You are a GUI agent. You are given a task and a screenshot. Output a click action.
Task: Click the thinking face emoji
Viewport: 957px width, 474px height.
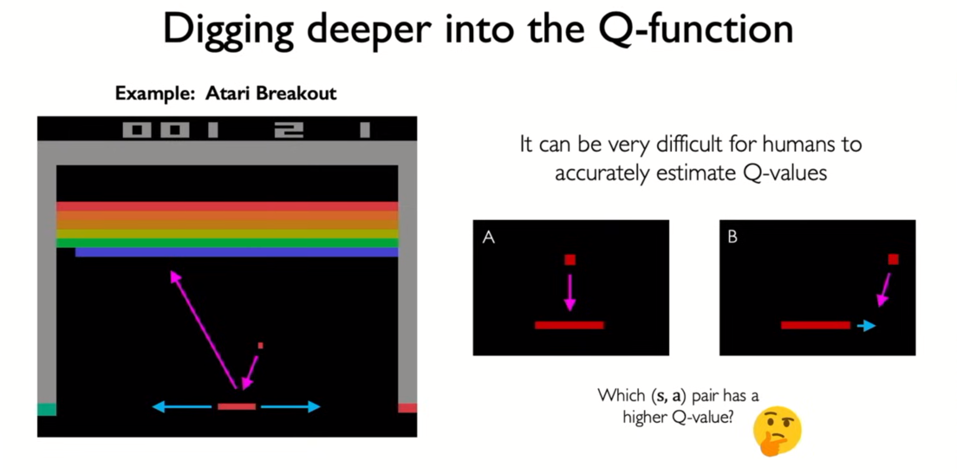tap(777, 432)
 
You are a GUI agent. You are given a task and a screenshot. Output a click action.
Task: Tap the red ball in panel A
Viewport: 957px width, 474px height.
tap(570, 260)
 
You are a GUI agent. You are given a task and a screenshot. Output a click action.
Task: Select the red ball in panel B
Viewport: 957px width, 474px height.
tap(893, 259)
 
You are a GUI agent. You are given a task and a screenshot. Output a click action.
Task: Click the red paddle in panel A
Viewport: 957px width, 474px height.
tap(570, 325)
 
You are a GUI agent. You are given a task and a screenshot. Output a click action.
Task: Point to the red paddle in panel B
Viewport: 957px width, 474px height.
tap(816, 325)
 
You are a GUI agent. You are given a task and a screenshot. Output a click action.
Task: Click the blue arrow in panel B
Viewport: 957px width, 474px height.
tap(866, 327)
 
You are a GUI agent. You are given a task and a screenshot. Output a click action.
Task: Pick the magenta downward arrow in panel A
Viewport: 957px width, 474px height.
tap(570, 292)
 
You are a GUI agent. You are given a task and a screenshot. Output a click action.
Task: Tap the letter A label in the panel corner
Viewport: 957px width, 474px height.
tap(488, 238)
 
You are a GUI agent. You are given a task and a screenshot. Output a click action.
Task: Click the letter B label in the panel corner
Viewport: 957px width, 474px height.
tap(732, 237)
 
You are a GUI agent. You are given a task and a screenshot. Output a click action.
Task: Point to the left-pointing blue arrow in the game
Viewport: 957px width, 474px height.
tap(184, 406)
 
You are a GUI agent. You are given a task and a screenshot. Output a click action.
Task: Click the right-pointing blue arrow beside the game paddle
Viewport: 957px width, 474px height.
tap(290, 406)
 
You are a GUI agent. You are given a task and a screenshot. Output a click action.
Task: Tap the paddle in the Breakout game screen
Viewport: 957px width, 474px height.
tap(237, 406)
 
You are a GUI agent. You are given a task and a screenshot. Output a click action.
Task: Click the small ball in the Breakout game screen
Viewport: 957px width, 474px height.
tap(261, 345)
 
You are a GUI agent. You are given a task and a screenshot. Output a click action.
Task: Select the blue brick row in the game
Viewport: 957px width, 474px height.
tap(237, 252)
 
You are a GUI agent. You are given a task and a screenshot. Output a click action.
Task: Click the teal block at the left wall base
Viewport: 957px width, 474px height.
tap(47, 409)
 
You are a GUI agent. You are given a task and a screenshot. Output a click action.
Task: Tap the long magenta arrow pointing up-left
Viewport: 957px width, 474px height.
tap(203, 330)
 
